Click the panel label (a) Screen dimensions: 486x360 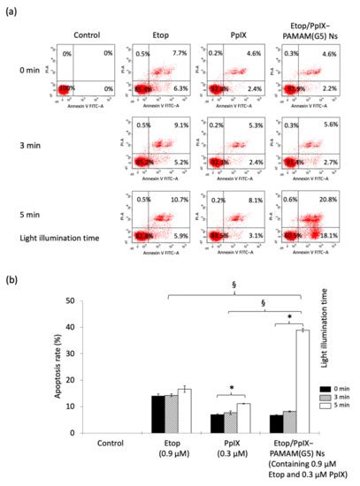10,10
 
